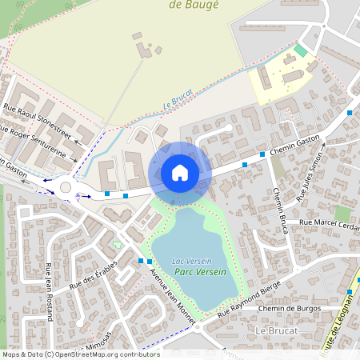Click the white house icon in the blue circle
coord(180,172)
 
